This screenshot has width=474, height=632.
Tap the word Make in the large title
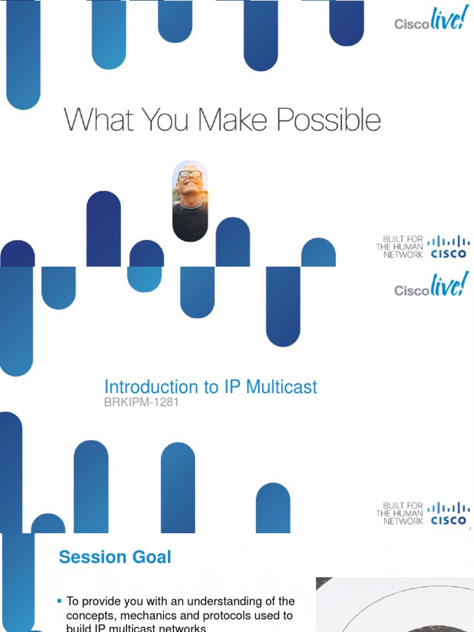(233, 120)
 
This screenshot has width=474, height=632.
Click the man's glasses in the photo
(189, 175)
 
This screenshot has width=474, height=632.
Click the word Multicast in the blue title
(281, 387)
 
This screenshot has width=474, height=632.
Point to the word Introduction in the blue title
(154, 387)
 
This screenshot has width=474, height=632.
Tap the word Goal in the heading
(152, 557)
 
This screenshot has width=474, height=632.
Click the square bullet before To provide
(60, 600)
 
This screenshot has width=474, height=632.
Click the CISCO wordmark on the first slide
(449, 254)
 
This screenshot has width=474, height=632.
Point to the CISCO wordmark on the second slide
(449, 521)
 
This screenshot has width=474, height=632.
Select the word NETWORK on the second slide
(403, 521)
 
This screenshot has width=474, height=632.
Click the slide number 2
(470, 529)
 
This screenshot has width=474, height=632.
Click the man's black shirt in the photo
(189, 222)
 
